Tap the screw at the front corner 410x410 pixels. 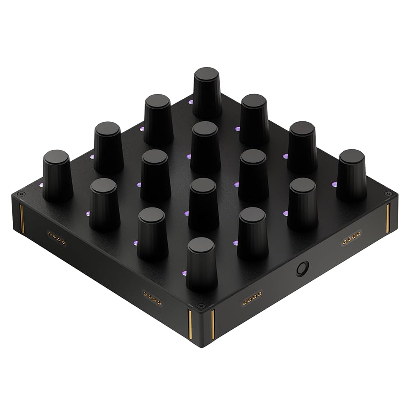[x=200, y=306]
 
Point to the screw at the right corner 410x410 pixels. [x=386, y=193]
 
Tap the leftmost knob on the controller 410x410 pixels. [x=57, y=175]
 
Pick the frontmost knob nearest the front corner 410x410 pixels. [x=201, y=262]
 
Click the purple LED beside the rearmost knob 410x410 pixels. [x=190, y=102]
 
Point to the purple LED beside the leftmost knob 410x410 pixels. [x=41, y=185]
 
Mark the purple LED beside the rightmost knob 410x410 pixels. [x=335, y=184]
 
